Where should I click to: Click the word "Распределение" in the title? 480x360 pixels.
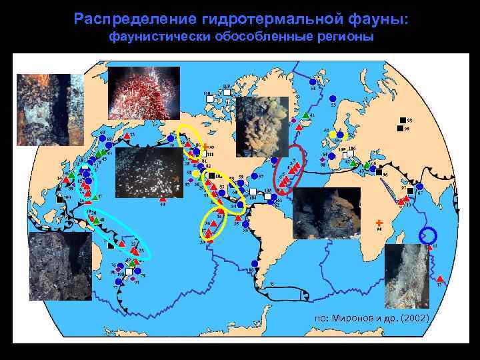(125, 18)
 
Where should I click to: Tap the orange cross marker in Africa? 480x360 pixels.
(378, 221)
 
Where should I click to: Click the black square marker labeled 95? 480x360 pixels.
(400, 119)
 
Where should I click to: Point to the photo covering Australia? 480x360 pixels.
(60, 265)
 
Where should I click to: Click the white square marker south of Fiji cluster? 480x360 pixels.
(127, 273)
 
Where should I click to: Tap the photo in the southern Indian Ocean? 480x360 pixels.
(407, 274)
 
